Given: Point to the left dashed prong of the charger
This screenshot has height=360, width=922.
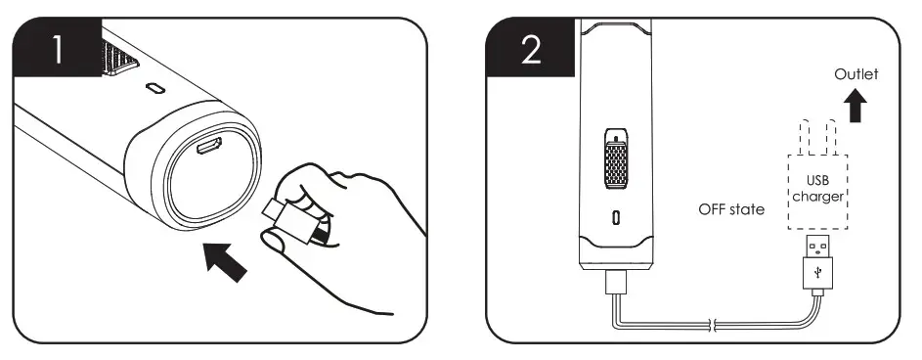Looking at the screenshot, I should [x=803, y=138].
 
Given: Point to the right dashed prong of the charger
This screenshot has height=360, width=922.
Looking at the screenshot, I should [x=831, y=138].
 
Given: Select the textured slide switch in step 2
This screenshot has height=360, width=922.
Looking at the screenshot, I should [x=617, y=157].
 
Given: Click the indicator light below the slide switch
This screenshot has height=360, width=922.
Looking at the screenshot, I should [x=617, y=217].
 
